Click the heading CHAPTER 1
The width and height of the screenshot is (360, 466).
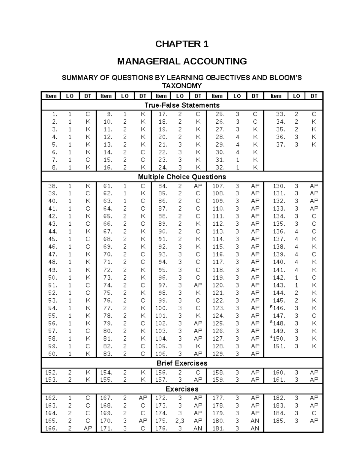(x=182, y=44)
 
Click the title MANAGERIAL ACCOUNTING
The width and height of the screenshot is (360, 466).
(x=182, y=62)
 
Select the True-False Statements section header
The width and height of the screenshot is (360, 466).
(x=182, y=105)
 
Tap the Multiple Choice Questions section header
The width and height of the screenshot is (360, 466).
(x=182, y=177)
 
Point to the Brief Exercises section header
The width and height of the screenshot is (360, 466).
(x=182, y=363)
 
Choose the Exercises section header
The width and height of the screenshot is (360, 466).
(x=182, y=389)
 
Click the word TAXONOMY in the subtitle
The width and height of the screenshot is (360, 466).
(x=182, y=86)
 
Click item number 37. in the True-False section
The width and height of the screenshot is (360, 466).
(x=280, y=145)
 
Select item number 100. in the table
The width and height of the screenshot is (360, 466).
(x=161, y=308)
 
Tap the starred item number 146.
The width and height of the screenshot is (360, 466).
(x=278, y=308)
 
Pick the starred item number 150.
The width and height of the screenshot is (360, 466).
(x=278, y=339)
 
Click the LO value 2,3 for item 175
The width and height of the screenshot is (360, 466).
(x=180, y=421)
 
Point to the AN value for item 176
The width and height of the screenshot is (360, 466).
(x=198, y=428)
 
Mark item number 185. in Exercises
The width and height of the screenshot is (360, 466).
(x=279, y=421)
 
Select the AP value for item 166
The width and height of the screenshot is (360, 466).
(x=88, y=428)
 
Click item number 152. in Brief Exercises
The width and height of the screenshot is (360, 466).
(x=51, y=372)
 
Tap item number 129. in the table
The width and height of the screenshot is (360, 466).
(x=218, y=354)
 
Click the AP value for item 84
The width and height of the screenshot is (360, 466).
(x=198, y=186)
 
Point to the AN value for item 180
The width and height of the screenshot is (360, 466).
(x=255, y=421)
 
